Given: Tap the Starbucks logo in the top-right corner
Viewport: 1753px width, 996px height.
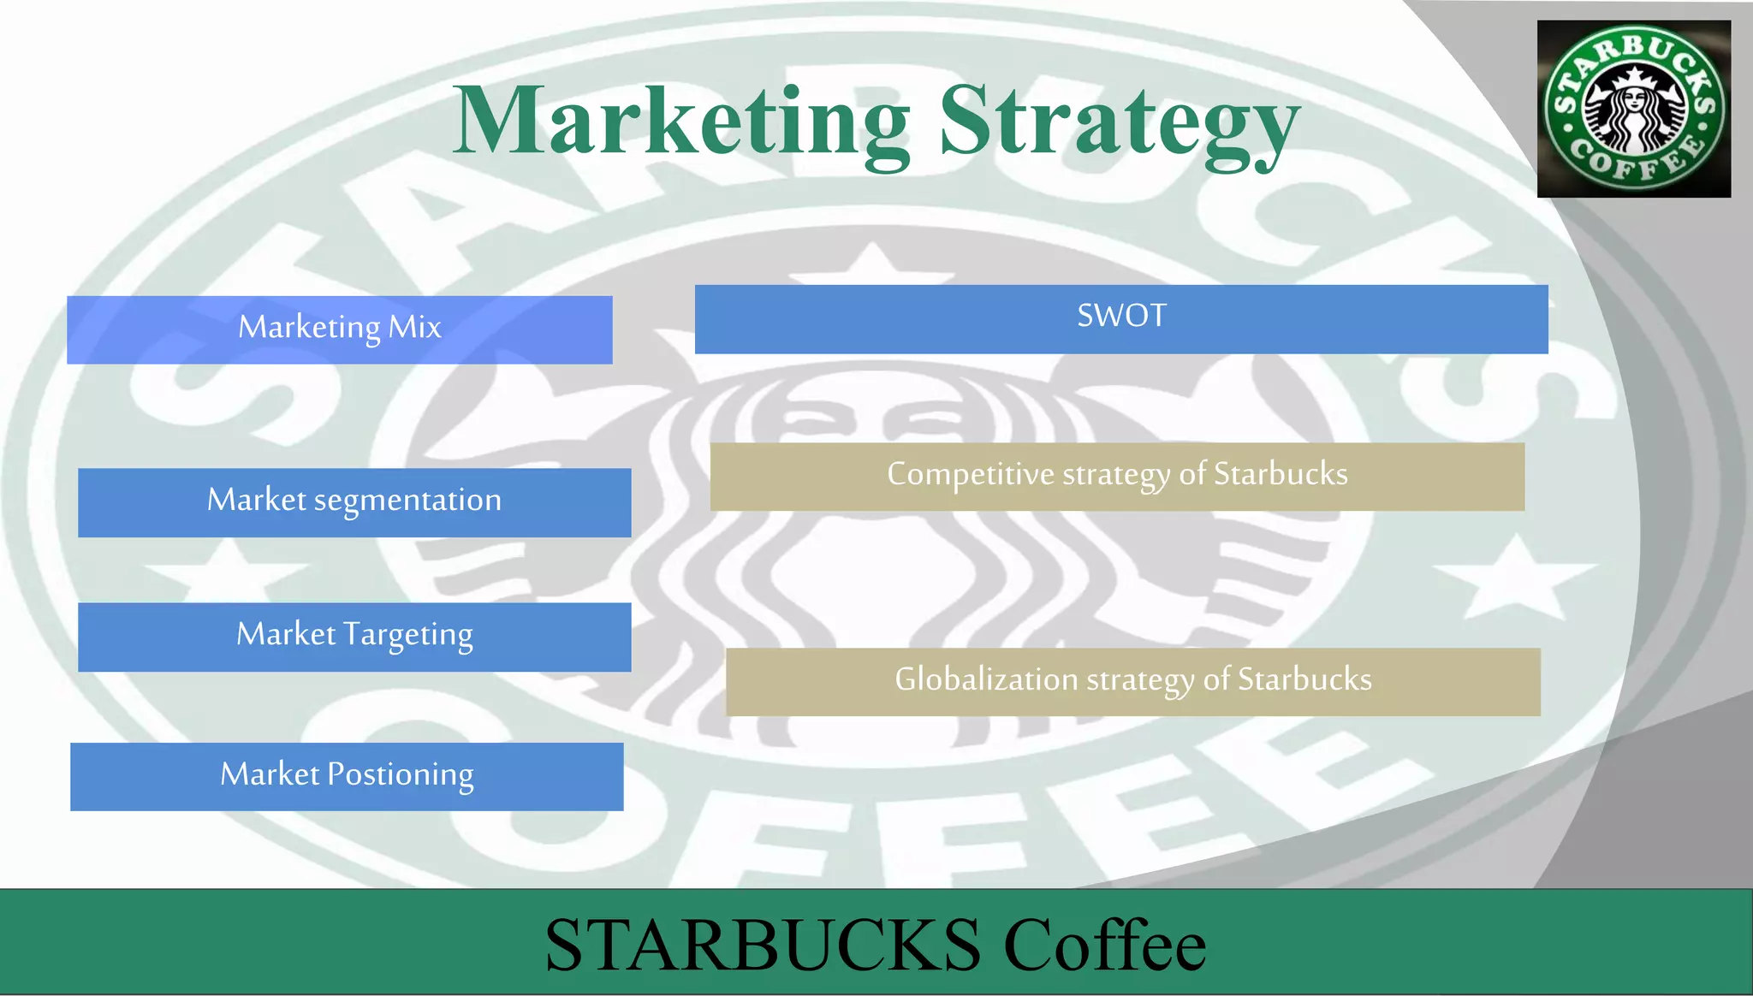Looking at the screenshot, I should click(1633, 109).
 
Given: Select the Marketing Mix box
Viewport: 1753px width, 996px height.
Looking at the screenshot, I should click(340, 329).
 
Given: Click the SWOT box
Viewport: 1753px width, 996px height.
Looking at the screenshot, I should click(1121, 318).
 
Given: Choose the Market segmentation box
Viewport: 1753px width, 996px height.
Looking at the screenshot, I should click(354, 502).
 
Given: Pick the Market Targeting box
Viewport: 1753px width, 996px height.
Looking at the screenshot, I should click(354, 637).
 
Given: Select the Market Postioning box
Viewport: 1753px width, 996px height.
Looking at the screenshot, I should click(347, 776).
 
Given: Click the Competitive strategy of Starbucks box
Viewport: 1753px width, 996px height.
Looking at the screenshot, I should click(1117, 477).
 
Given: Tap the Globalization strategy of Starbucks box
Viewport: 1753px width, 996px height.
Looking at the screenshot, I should click(1132, 681).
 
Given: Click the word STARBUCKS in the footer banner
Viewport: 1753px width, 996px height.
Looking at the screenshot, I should click(763, 945).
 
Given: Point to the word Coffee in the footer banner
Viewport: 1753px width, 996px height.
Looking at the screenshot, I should click(1104, 945).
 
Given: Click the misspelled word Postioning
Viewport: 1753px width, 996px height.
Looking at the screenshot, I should click(401, 775).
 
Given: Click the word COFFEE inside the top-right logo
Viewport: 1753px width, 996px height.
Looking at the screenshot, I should click(1635, 163).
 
